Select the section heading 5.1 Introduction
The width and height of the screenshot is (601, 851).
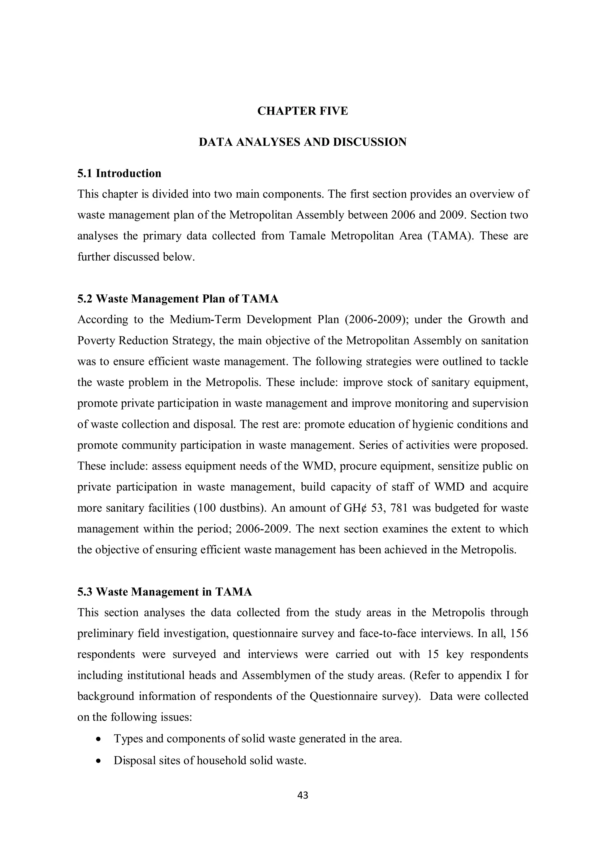pos(119,174)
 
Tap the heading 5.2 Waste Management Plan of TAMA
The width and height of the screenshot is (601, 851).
pos(178,299)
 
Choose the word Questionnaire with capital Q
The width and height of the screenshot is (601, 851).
pos(343,696)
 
